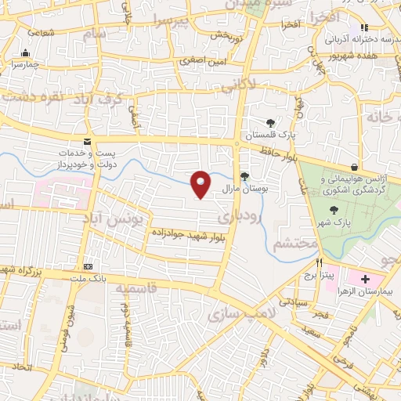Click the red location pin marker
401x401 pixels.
pyautogui.click(x=201, y=184)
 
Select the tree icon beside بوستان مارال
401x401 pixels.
pyautogui.click(x=244, y=175)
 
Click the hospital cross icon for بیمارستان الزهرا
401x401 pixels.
pyautogui.click(x=365, y=280)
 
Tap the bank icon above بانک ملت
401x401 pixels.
pyautogui.click(x=89, y=267)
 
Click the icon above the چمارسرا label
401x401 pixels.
pyautogui.click(x=27, y=54)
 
